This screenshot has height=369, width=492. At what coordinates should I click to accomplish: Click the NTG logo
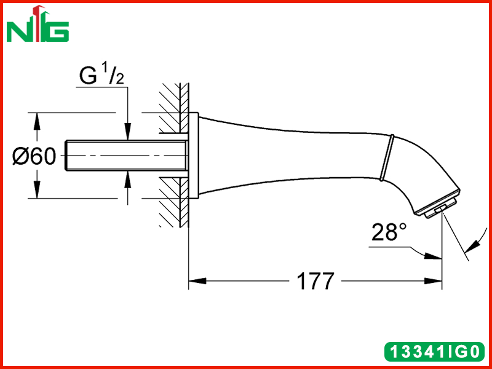click(38, 25)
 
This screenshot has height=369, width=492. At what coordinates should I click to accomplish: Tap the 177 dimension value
click(315, 281)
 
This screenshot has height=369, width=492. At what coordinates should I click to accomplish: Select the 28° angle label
click(389, 232)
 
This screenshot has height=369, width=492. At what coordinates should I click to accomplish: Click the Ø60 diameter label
click(34, 156)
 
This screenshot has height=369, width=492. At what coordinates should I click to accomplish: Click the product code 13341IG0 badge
click(434, 351)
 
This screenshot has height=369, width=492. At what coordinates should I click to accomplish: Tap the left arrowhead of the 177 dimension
click(197, 281)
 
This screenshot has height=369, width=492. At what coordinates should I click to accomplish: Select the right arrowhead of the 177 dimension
click(433, 281)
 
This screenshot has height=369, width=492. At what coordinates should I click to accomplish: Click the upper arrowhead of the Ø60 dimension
click(37, 121)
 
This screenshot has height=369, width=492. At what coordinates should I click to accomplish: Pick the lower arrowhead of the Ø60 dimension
click(37, 189)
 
